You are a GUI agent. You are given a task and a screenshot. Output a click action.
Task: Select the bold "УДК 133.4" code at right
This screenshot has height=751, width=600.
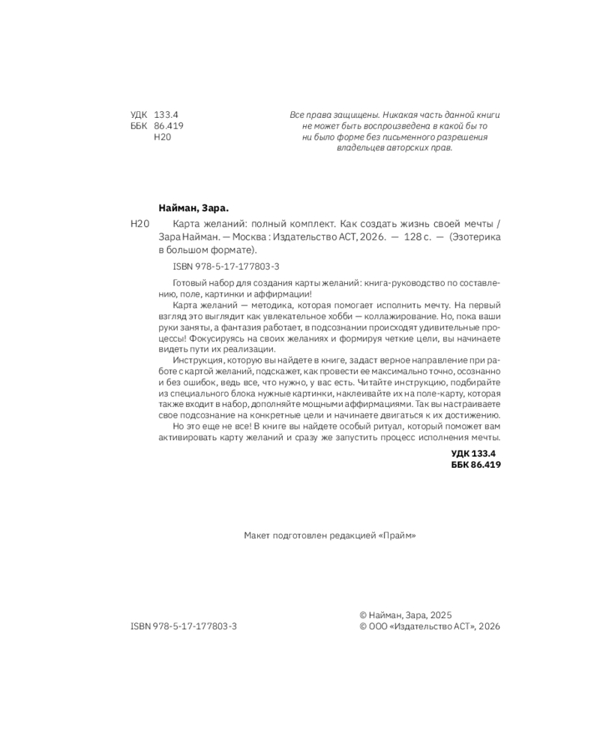474,453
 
